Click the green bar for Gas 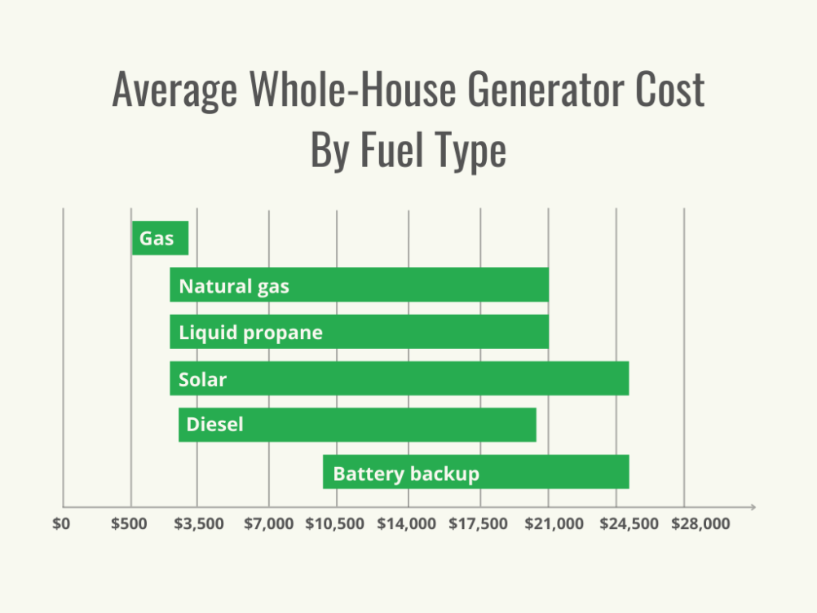[161, 238]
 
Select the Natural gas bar [359, 285]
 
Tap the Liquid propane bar [359, 332]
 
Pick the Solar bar [400, 378]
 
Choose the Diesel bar [357, 425]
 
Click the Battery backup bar [475, 472]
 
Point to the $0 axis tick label [62, 524]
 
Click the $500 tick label [130, 524]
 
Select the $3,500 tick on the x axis [199, 524]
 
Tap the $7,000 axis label [268, 524]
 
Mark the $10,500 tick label [335, 524]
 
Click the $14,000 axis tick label [407, 524]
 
